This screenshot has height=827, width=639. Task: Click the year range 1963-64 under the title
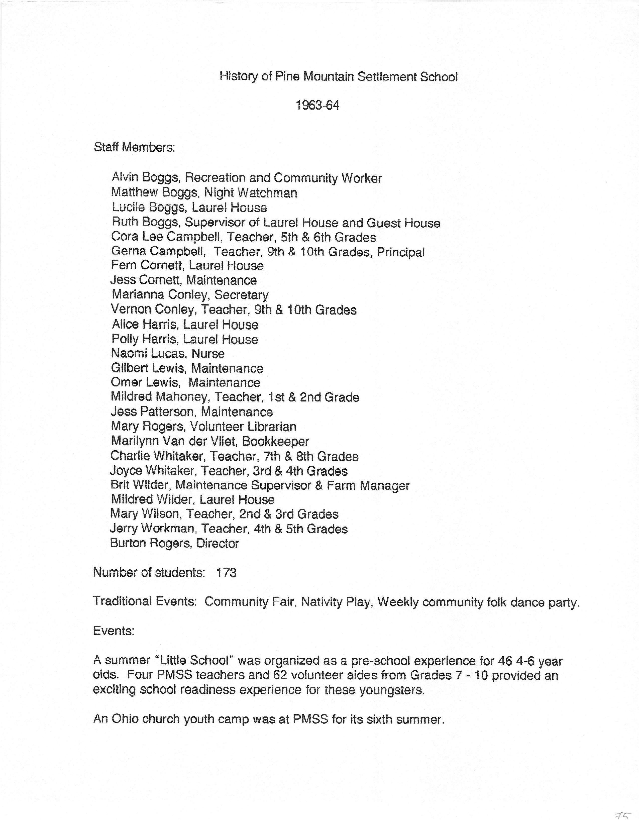pos(317,105)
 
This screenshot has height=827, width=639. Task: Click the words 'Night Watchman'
pos(251,193)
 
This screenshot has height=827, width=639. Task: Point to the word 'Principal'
pos(400,252)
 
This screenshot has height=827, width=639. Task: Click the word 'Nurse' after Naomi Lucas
pos(208,353)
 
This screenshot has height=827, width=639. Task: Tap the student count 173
pos(226,573)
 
